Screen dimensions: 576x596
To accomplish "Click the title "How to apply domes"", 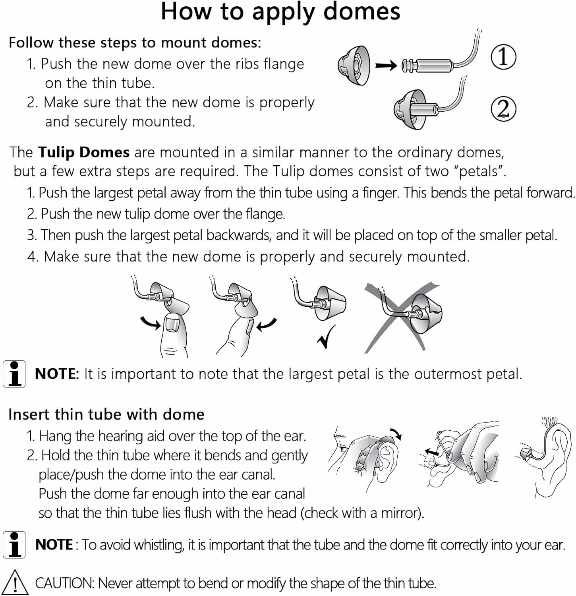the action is click(x=280, y=12).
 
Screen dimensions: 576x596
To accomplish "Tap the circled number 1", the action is click(x=503, y=56).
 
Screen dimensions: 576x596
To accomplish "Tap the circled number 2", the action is click(x=503, y=108).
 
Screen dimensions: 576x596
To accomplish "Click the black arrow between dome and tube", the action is click(x=386, y=65).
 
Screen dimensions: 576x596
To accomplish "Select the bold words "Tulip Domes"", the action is click(x=84, y=152).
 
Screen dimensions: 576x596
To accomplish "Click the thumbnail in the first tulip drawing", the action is click(x=172, y=322).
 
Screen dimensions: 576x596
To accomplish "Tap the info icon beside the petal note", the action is click(x=14, y=373).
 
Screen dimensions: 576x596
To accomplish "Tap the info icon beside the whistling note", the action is click(x=14, y=544).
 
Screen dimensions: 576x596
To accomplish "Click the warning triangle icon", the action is click(x=15, y=582).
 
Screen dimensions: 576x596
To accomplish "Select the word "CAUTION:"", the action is click(x=65, y=583).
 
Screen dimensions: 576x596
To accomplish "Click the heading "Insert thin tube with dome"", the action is click(x=106, y=414).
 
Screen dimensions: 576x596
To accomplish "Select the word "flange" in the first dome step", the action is click(x=284, y=64).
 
